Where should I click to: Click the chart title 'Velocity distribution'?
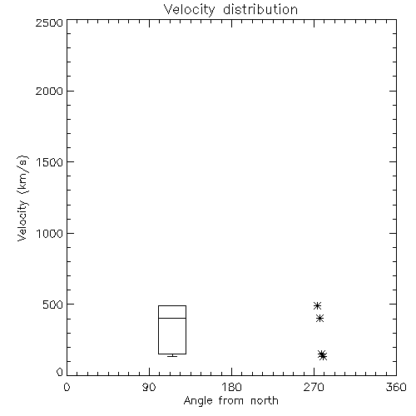[230, 10]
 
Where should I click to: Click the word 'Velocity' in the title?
[189, 10]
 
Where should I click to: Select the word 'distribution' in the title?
[260, 9]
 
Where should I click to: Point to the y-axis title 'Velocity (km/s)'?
[22, 198]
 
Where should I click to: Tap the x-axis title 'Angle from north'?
[231, 401]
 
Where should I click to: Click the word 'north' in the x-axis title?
[265, 401]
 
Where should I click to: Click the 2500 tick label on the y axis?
[49, 22]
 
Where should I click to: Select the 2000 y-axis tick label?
[49, 91]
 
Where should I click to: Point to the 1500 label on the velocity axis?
[50, 162]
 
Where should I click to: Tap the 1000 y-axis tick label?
[50, 233]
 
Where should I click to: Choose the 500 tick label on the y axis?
[53, 305]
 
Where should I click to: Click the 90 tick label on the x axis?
[149, 387]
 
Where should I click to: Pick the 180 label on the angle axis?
[231, 387]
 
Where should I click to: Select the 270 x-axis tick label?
[314, 387]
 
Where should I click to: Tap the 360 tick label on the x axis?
[396, 387]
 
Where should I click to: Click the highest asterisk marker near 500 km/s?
[317, 305]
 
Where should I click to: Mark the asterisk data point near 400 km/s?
[320, 318]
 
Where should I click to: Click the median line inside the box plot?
[172, 318]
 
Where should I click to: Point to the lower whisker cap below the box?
[172, 356]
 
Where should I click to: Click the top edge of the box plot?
[172, 305]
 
